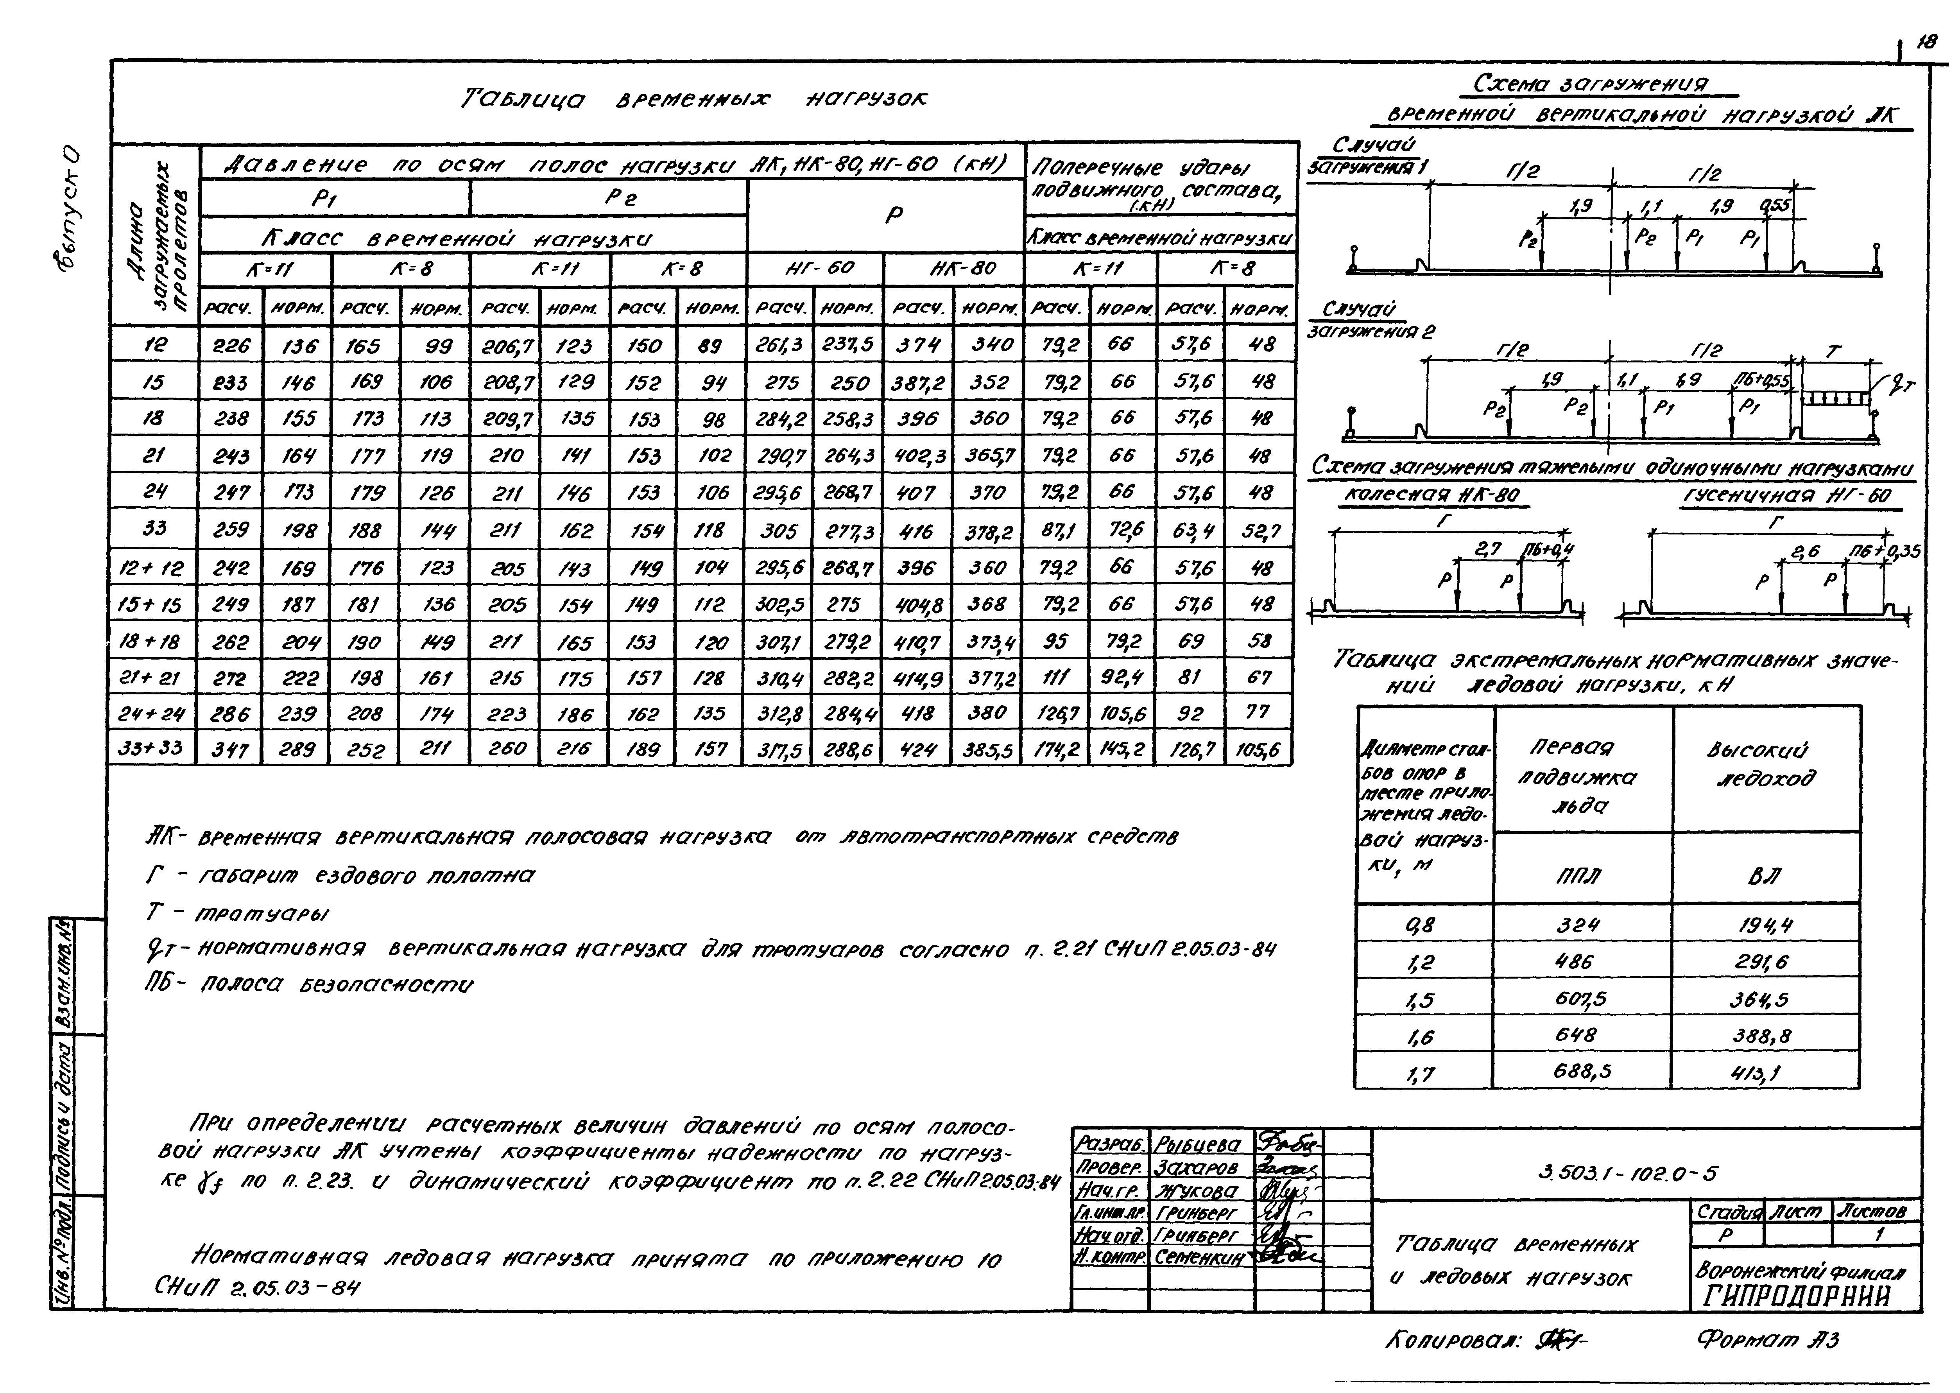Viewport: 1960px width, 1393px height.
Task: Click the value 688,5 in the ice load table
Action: tap(1583, 1071)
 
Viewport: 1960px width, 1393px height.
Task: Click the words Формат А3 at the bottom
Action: tap(1771, 1340)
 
